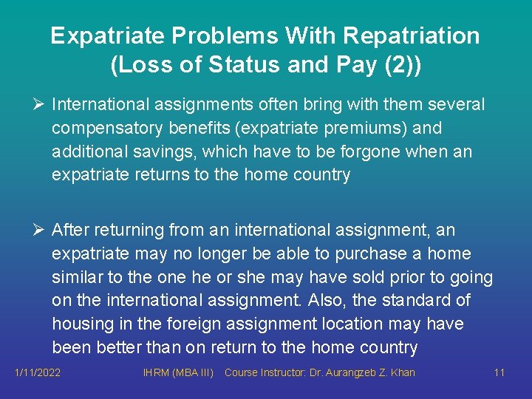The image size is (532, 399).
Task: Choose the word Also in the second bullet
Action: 341,301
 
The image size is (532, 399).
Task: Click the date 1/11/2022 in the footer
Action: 37,372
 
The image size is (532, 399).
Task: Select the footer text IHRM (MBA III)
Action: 178,372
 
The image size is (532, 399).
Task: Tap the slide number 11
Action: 499,372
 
